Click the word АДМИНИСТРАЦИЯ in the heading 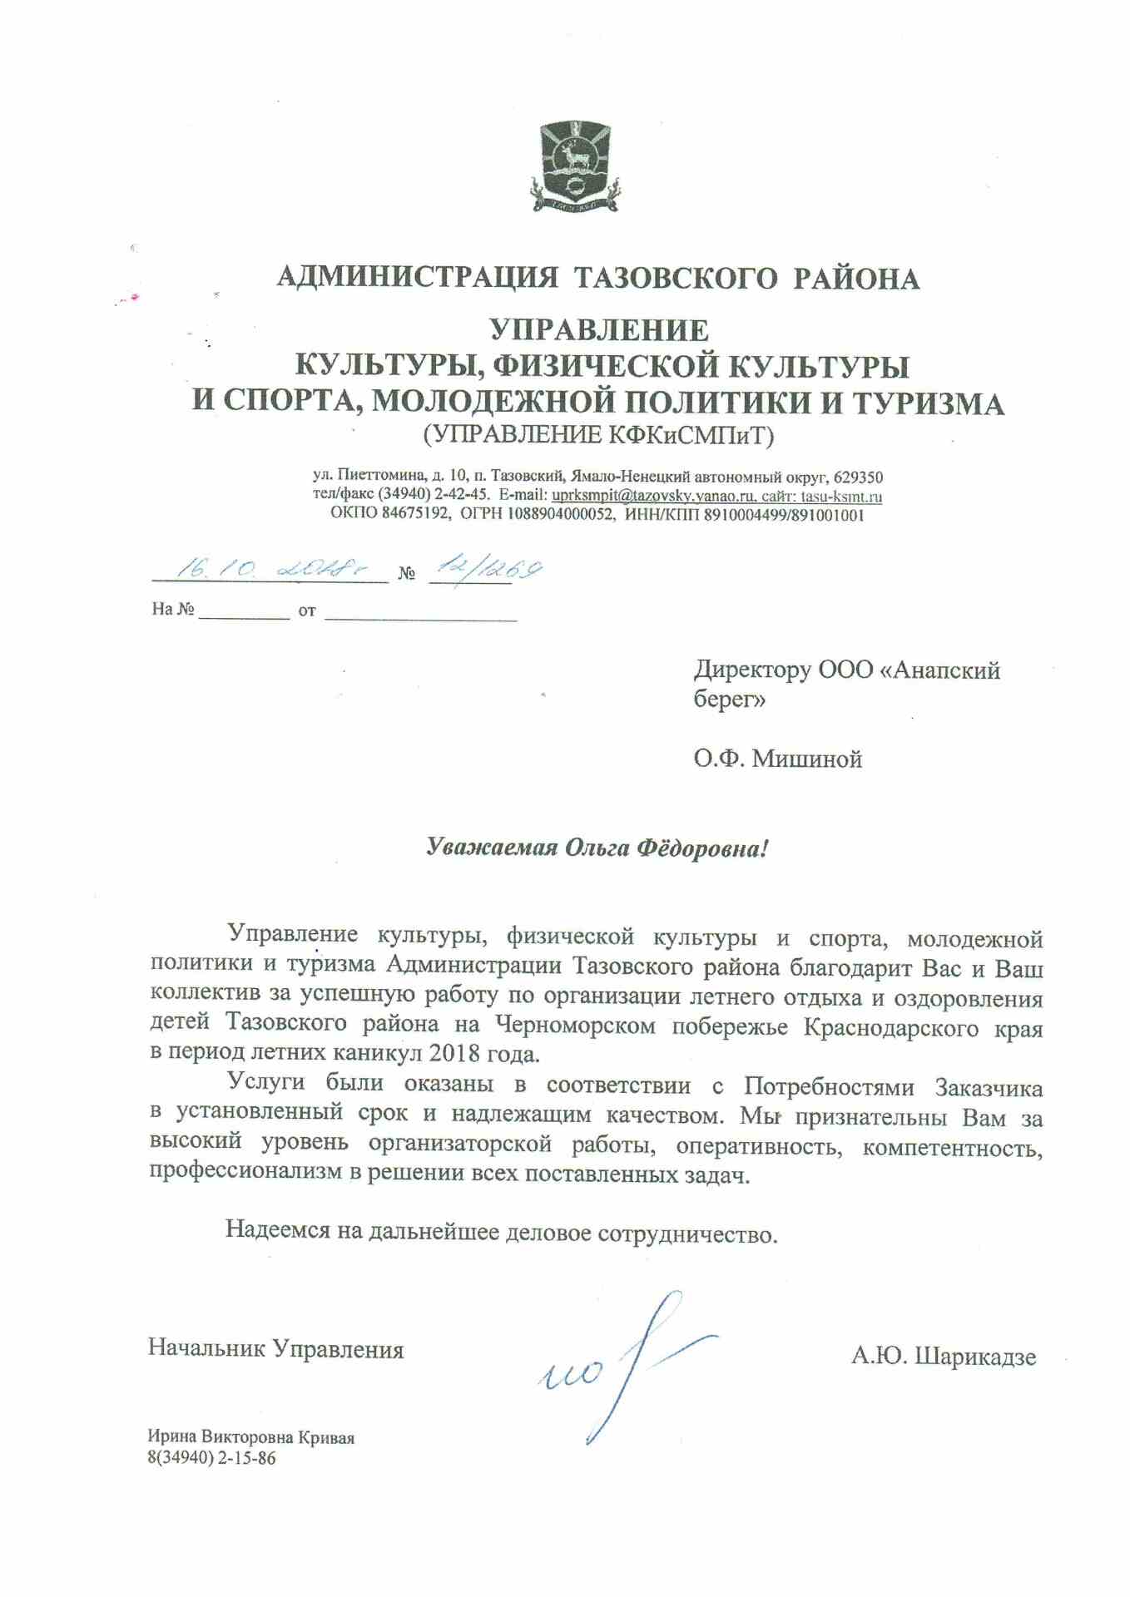tap(417, 278)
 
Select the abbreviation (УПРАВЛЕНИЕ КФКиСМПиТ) tap(599, 434)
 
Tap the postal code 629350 tap(858, 477)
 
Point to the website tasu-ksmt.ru tap(841, 497)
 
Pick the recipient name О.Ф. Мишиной tap(778, 759)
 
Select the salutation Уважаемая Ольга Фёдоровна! tap(597, 848)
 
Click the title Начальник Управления tap(275, 1348)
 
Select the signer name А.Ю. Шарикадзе tap(944, 1357)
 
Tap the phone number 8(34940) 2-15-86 tap(211, 1458)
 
